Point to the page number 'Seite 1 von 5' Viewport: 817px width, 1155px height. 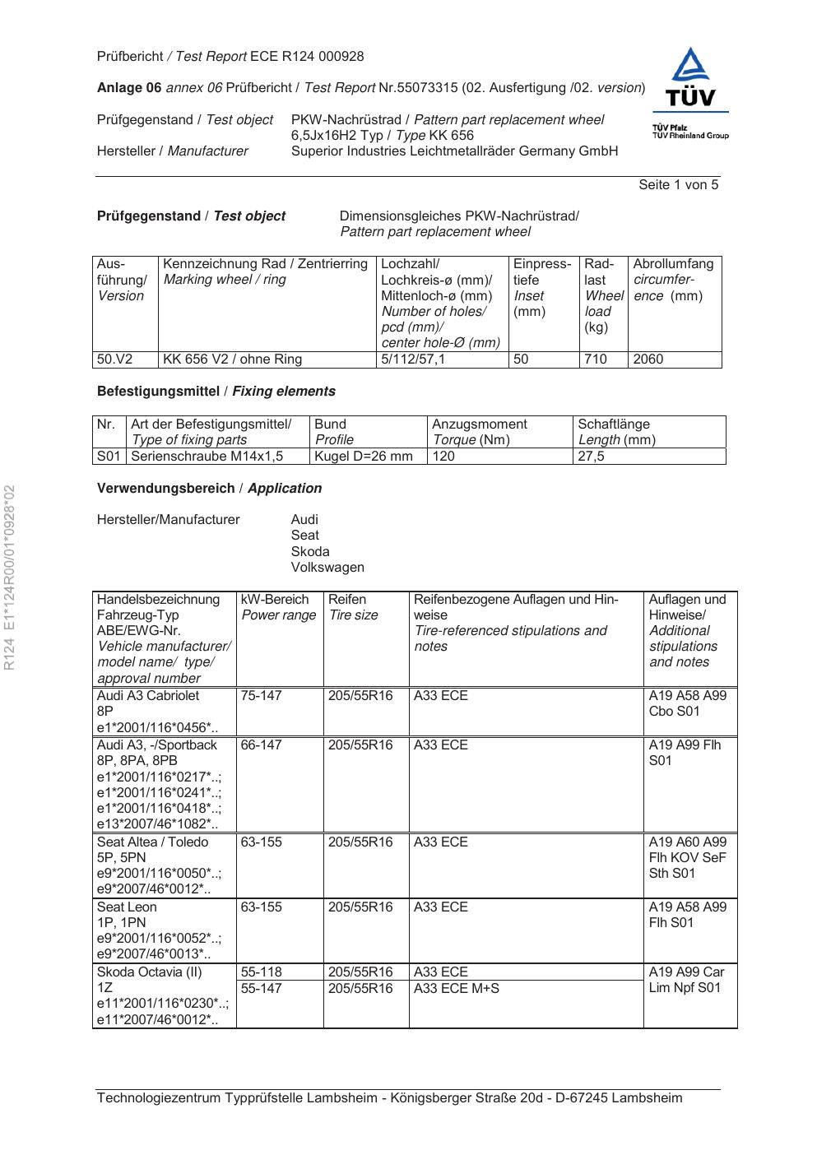678,185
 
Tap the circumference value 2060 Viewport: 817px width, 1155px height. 648,359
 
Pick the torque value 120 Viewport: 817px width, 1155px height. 444,456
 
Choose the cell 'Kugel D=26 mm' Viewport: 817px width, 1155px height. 364,456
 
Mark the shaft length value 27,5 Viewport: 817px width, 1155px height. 592,456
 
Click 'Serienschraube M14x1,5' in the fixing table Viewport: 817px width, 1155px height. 207,456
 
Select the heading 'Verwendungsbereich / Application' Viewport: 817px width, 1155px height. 209,489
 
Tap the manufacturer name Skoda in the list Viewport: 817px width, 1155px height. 310,552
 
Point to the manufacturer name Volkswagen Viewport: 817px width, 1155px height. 327,568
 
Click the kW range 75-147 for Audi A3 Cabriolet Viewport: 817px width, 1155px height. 262,696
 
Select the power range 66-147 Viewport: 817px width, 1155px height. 262,745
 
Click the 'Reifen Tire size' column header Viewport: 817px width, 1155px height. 354,607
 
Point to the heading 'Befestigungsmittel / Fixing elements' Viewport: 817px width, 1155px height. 216,392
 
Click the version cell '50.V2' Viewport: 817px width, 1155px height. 114,359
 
